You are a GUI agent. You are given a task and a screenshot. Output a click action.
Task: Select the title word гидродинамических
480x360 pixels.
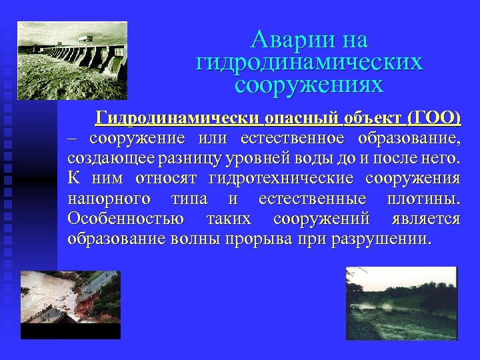pyautogui.click(x=309, y=63)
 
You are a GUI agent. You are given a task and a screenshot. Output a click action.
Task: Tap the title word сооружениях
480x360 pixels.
pyautogui.click(x=309, y=85)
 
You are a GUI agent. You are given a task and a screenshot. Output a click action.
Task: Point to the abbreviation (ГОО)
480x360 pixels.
pyautogui.click(x=433, y=119)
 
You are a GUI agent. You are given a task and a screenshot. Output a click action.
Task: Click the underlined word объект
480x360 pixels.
pyautogui.click(x=374, y=119)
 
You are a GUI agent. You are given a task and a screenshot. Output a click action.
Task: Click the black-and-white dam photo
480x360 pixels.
pyautogui.click(x=72, y=60)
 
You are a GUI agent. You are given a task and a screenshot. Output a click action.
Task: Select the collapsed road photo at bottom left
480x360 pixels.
pyautogui.click(x=69, y=303)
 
